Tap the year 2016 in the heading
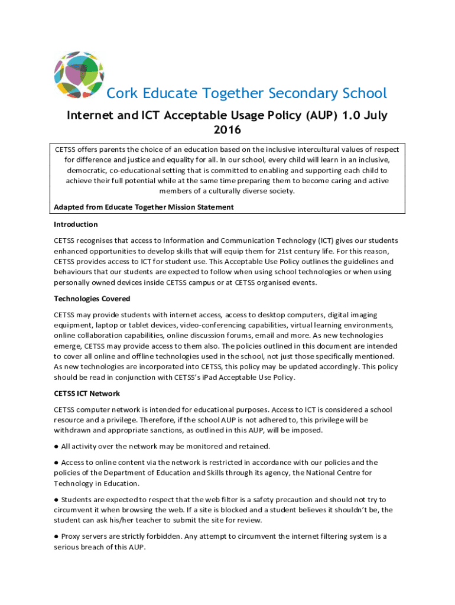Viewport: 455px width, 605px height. pos(227,129)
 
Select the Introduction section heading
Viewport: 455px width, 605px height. pos(76,225)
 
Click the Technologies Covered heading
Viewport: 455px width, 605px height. pos(92,299)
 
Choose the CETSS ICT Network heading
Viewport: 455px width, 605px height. pos(87,393)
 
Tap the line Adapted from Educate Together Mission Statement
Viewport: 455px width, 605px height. pos(144,207)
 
